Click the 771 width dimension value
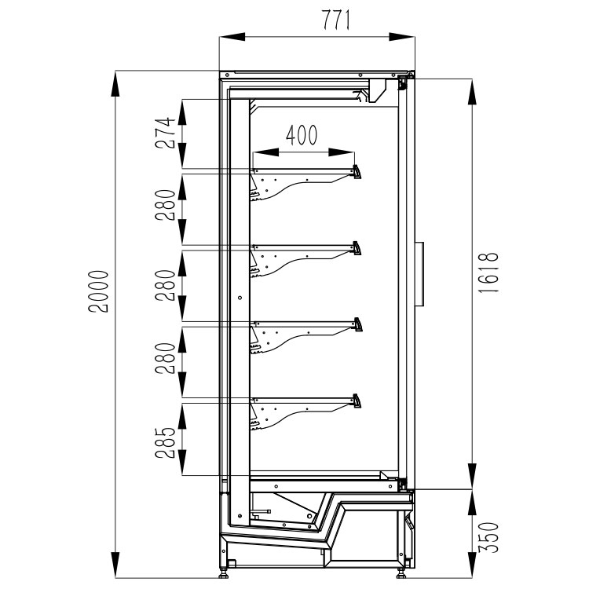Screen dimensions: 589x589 pyautogui.click(x=336, y=20)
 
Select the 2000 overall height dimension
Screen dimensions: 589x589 pyautogui.click(x=98, y=291)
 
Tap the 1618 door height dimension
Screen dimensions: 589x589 pyautogui.click(x=489, y=273)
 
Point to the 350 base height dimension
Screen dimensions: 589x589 pyautogui.click(x=489, y=537)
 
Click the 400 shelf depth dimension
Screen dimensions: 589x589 pyautogui.click(x=302, y=135)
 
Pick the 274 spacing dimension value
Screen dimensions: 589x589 pyautogui.click(x=166, y=133)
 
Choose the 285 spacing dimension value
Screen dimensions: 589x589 pyautogui.click(x=166, y=442)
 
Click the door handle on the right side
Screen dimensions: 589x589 pyautogui.click(x=419, y=274)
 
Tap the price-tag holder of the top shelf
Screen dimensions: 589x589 pyautogui.click(x=357, y=172)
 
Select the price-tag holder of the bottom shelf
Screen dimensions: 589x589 pyautogui.click(x=357, y=401)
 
